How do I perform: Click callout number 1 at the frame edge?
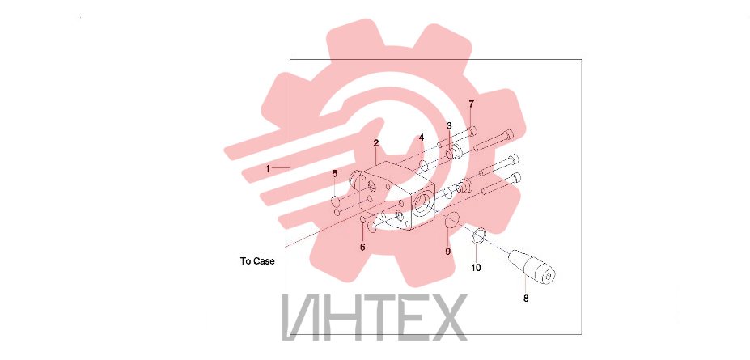click(268, 168)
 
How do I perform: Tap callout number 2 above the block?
click(376, 143)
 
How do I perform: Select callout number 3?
click(449, 125)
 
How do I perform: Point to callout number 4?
click(422, 138)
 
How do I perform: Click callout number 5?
click(335, 174)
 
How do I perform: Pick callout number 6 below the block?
click(362, 248)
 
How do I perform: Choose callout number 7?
click(471, 104)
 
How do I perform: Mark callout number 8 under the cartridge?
click(526, 299)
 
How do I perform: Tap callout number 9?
click(448, 252)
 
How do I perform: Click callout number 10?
click(477, 268)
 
